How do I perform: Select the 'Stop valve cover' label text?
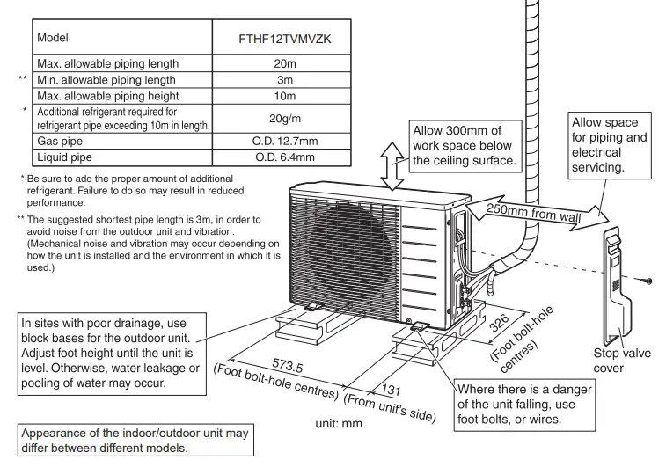[622, 358]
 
